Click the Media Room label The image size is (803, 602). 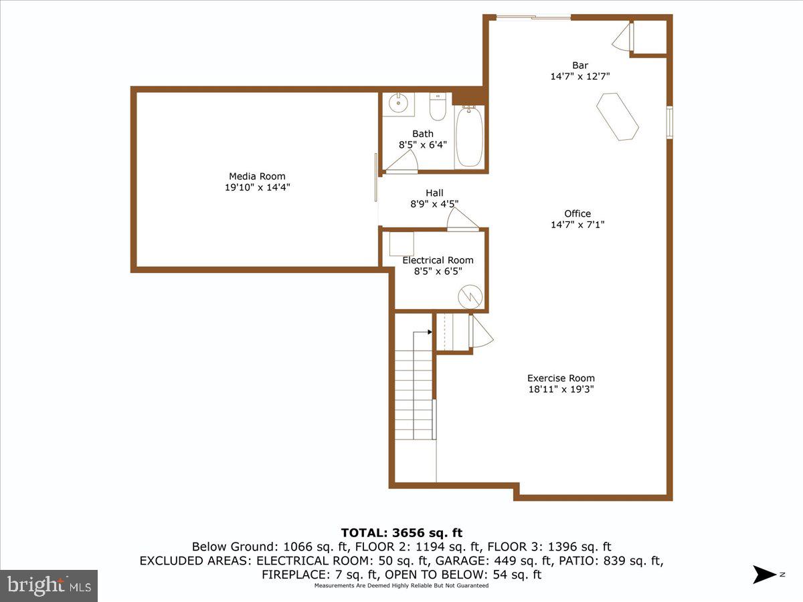[257, 177]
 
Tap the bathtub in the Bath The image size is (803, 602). [468, 137]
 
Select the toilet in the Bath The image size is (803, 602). [438, 107]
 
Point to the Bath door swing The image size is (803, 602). [404, 163]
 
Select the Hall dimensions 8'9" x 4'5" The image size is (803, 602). [434, 204]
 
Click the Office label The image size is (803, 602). [577, 214]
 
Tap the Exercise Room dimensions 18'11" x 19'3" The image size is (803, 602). [561, 389]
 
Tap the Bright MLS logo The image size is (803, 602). [49, 585]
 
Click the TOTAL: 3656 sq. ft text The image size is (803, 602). [401, 533]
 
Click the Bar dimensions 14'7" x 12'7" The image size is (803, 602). [579, 76]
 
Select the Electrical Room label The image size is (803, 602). [438, 260]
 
